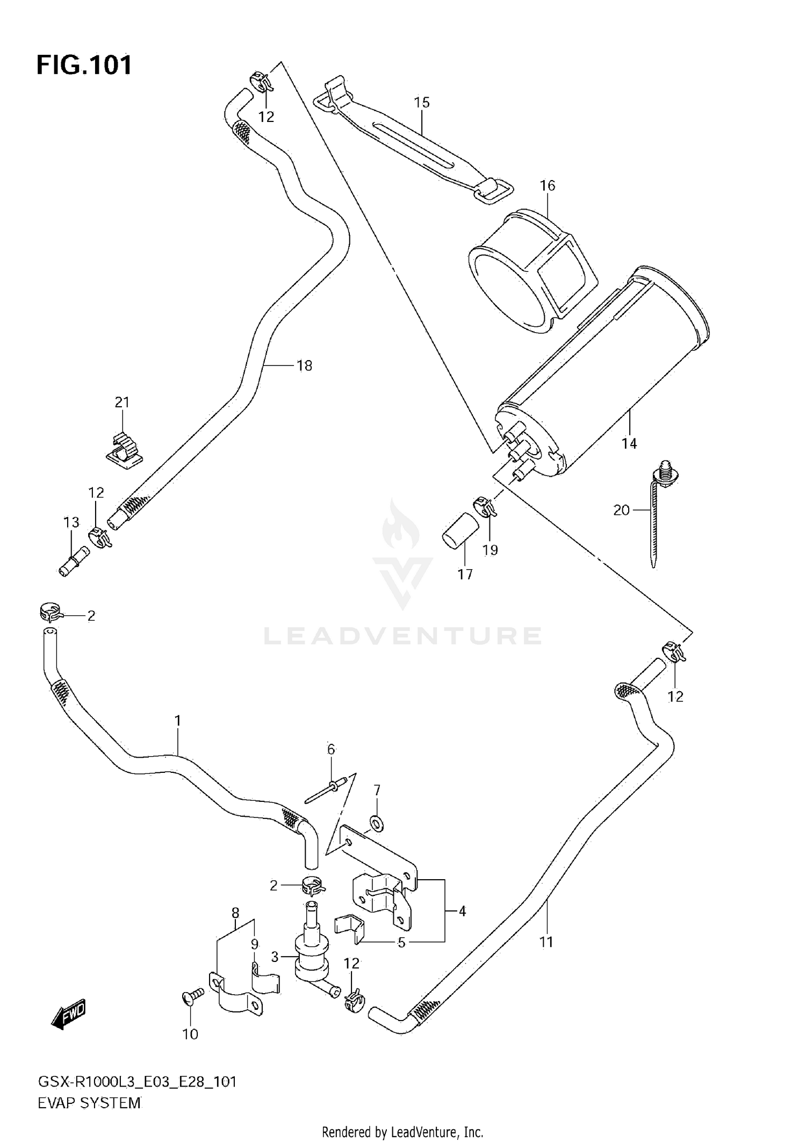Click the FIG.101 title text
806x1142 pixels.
click(x=84, y=66)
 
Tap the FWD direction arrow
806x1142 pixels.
click(x=69, y=1015)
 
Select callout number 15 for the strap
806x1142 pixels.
click(x=422, y=102)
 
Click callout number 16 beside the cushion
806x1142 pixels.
click(x=547, y=185)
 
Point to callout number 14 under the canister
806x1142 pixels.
click(x=629, y=443)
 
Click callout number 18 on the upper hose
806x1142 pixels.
click(x=304, y=365)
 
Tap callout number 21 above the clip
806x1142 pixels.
click(x=122, y=402)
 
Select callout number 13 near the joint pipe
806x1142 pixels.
click(x=71, y=522)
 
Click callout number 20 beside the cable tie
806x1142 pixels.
click(x=621, y=509)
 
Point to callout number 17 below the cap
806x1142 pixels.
click(x=465, y=574)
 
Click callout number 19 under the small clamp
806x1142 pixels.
click(x=490, y=550)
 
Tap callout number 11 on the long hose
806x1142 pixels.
click(x=546, y=942)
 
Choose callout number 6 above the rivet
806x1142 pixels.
click(x=331, y=749)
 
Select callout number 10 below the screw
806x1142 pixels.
click(x=190, y=1034)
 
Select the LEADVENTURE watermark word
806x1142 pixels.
click(x=402, y=636)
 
